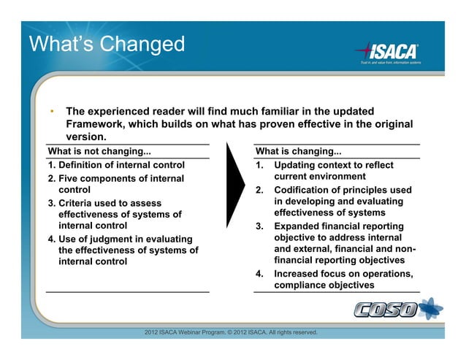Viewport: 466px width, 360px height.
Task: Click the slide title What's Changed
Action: click(x=107, y=44)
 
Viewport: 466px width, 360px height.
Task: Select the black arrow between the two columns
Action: click(x=234, y=185)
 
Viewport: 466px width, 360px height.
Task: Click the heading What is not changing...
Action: click(x=99, y=152)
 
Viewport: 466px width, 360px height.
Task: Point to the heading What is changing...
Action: click(x=298, y=152)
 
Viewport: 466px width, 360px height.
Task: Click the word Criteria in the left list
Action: click(x=78, y=203)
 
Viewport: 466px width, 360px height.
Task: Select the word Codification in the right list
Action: click(x=305, y=190)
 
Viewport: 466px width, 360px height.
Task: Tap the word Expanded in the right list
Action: click(x=299, y=226)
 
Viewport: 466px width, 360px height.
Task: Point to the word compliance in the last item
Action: click(x=303, y=286)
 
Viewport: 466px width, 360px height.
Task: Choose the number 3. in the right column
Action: click(x=259, y=226)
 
